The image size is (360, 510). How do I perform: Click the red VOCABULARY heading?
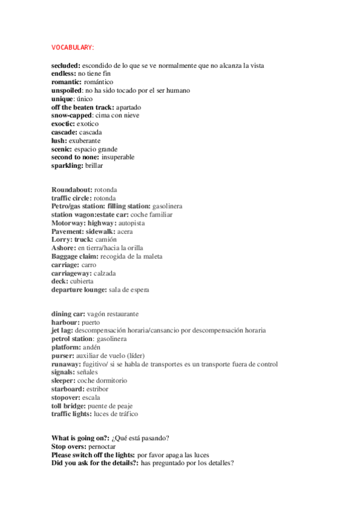click(73, 48)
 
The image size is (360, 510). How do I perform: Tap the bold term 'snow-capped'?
click(71, 115)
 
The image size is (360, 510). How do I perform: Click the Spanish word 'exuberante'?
click(84, 140)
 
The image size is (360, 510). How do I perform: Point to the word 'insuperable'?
click(118, 157)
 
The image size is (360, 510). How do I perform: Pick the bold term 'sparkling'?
click(67, 165)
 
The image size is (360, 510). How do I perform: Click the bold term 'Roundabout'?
click(72, 189)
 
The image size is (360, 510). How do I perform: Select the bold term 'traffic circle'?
click(71, 198)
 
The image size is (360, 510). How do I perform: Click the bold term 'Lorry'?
click(61, 239)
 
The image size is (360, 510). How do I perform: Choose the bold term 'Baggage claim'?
click(75, 256)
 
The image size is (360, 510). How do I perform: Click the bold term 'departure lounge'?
click(79, 289)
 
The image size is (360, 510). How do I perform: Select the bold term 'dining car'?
click(68, 314)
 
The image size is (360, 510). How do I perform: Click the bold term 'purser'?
click(63, 355)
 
